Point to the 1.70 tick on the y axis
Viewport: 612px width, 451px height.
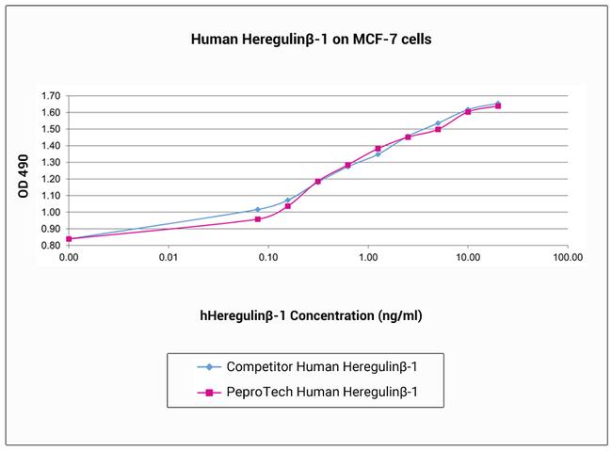(x=51, y=96)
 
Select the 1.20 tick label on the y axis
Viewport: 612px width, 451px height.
(x=51, y=179)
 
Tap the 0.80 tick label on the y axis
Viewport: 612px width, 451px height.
(x=51, y=246)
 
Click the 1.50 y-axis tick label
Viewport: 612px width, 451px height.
(x=51, y=129)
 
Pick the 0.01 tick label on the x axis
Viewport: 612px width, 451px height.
(x=168, y=256)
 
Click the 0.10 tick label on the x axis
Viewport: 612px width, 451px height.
(x=267, y=256)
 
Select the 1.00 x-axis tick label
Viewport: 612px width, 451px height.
(x=367, y=256)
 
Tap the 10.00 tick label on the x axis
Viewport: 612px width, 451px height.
(x=467, y=256)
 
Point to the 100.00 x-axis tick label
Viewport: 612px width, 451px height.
(x=567, y=256)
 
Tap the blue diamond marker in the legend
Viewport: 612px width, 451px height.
(x=201, y=368)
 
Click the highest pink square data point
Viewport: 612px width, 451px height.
(x=498, y=105)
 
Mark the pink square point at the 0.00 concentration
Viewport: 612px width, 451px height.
(x=69, y=238)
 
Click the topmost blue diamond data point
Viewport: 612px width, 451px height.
(x=498, y=104)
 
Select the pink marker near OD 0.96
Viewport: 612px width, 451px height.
(x=257, y=219)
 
